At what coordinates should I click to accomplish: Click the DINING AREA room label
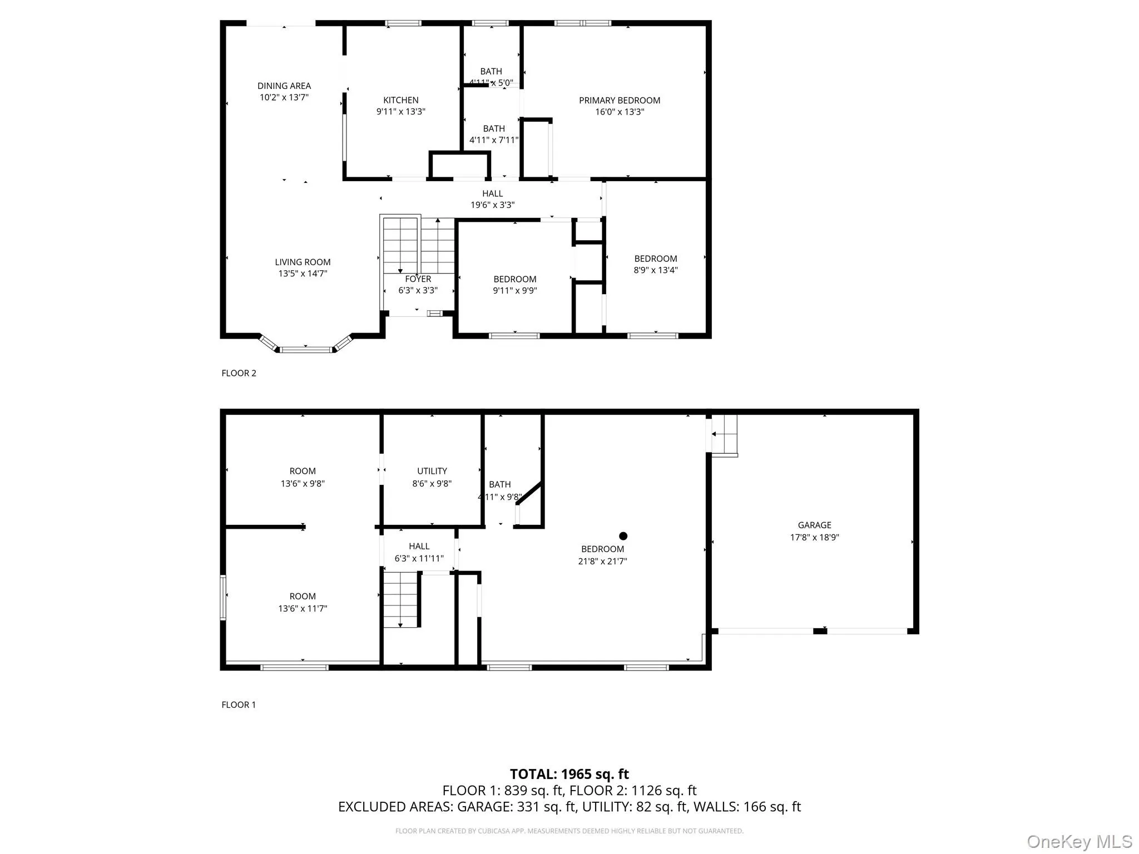(284, 86)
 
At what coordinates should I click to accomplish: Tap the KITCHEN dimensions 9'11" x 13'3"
(400, 112)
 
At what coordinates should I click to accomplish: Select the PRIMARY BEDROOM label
(619, 101)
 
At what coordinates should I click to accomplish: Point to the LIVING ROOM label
(303, 262)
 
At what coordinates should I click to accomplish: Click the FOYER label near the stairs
(418, 279)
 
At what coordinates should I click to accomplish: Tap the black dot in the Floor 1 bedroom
(623, 536)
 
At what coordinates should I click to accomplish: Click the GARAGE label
(814, 525)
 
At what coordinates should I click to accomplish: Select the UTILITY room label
(432, 471)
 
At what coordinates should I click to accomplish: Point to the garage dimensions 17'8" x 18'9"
(814, 538)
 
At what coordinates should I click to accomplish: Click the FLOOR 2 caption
(239, 373)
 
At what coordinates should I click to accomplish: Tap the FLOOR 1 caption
(239, 704)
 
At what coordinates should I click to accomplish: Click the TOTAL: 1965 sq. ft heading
(569, 774)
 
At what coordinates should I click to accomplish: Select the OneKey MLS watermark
(1079, 841)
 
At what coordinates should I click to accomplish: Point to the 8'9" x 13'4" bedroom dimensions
(656, 270)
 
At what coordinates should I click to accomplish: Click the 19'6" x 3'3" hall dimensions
(492, 205)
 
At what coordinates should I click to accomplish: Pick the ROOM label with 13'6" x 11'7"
(303, 596)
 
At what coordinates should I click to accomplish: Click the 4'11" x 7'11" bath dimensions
(493, 140)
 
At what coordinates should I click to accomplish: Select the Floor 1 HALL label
(419, 546)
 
